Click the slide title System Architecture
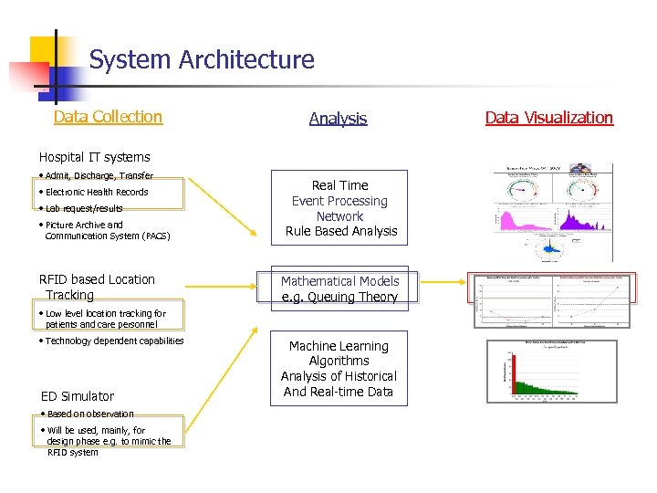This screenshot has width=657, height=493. point(202,60)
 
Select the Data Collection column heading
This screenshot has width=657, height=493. point(108,117)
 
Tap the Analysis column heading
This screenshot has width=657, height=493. point(338,119)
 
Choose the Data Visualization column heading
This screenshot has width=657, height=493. point(548,118)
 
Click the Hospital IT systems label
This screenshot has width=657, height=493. point(94,157)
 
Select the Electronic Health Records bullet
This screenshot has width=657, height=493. point(96,192)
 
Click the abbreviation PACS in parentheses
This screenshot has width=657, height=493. point(155,236)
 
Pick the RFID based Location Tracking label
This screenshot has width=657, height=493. point(97,287)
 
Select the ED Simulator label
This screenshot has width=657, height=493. point(78,396)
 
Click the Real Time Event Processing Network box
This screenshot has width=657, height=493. point(339,208)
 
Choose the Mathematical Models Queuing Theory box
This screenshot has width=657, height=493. point(339,288)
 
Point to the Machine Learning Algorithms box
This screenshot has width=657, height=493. point(339,368)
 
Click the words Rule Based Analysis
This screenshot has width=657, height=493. point(341,232)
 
